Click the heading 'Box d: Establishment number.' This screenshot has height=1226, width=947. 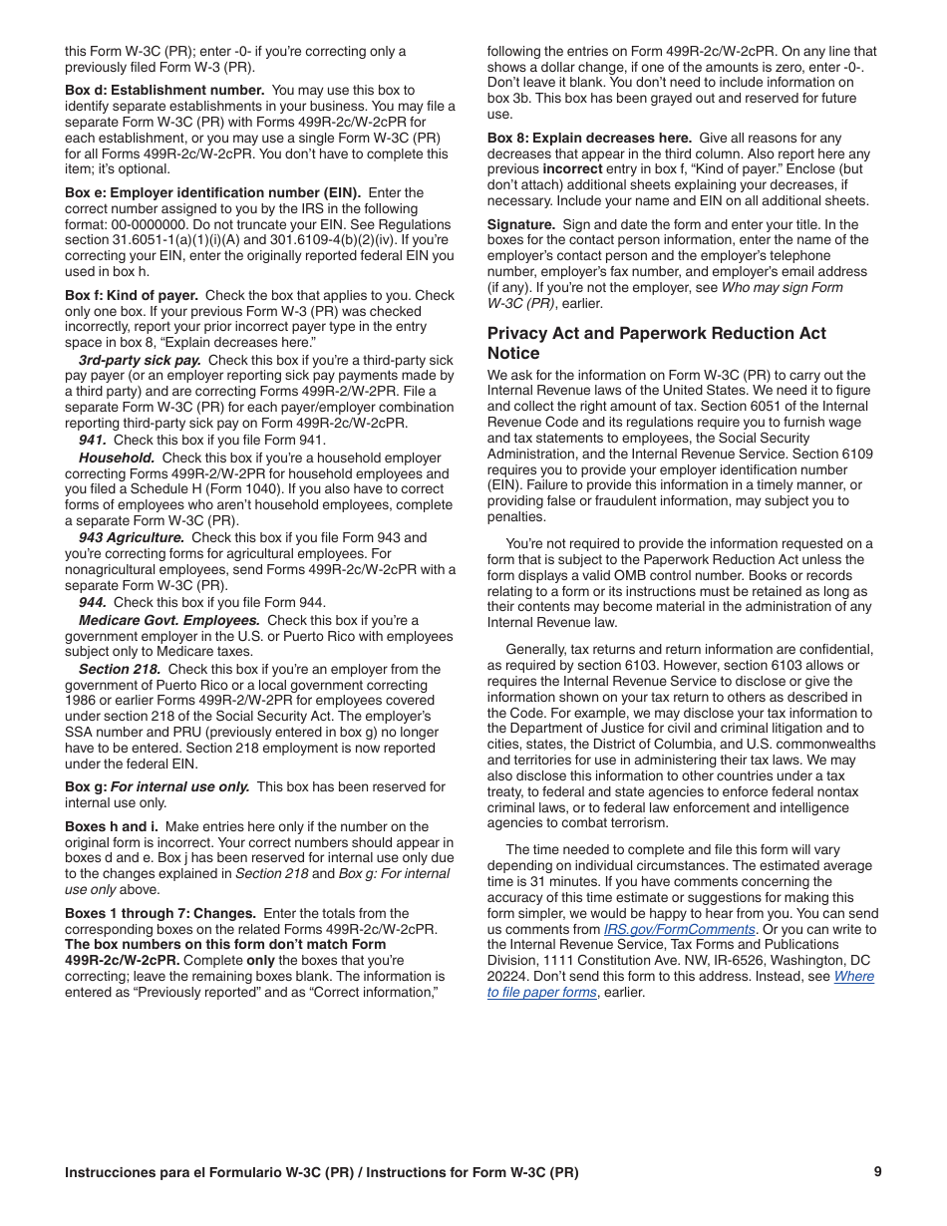pos(164,91)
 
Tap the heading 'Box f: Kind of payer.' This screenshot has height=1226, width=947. pos(132,296)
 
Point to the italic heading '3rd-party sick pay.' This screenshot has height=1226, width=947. pos(140,361)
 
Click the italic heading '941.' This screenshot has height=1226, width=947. pos(94,440)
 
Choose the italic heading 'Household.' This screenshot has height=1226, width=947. pos(117,459)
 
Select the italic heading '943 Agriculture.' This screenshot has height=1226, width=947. pos(132,538)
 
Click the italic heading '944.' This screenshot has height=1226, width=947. pos(94,603)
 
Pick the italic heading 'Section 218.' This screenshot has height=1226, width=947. pos(120,670)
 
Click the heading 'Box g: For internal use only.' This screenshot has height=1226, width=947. pos(158,787)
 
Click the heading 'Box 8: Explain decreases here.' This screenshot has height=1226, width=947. pos(589,139)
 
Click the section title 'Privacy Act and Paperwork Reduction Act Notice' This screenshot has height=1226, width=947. pos(656,343)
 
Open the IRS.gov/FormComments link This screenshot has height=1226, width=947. pos(679,930)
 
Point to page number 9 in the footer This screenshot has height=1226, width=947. pos(877,1172)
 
